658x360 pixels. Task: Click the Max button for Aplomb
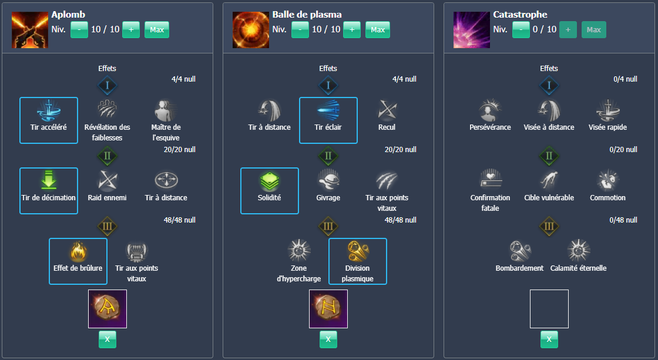pos(157,29)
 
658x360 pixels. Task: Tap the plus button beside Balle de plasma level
pos(352,29)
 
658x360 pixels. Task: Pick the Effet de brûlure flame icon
pos(78,251)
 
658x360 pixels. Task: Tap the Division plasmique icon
pos(358,251)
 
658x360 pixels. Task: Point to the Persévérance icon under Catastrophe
pos(491,110)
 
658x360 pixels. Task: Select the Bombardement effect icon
pos(520,251)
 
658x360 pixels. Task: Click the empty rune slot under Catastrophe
pos(549,309)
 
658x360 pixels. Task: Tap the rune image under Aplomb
pos(108,309)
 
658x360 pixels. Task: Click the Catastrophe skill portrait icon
pos(472,29)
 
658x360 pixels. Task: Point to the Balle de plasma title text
pos(307,15)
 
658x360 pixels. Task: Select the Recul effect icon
pos(387,110)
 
